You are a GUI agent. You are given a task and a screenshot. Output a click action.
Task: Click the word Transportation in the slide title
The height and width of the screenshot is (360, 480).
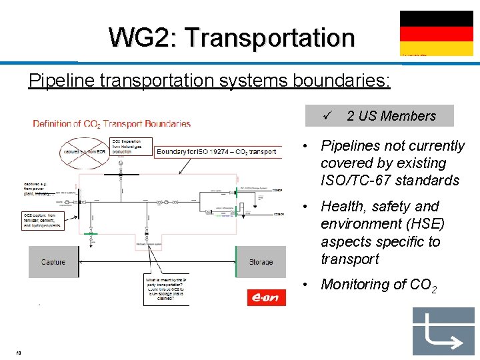tap(271, 37)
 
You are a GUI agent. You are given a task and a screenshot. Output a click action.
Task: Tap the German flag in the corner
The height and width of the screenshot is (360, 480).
tap(427, 32)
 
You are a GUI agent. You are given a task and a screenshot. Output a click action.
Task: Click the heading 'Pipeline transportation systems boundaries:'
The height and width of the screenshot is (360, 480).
tap(209, 81)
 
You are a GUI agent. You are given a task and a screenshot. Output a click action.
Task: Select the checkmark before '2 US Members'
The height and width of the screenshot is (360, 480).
tap(327, 115)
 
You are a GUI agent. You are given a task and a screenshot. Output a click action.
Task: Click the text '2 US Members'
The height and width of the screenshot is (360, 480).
tap(391, 116)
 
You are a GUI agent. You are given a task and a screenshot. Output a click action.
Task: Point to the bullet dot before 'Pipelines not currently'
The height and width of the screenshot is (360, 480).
tap(304, 146)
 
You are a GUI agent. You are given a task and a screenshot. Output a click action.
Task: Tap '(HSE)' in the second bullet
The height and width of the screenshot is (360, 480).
tap(419, 224)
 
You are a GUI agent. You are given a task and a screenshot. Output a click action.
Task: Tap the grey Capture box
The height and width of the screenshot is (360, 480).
tap(53, 262)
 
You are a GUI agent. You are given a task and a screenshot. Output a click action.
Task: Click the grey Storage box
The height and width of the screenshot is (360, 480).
tap(261, 262)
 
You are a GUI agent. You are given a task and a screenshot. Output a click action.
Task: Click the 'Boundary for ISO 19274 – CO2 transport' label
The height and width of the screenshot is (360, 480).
tap(216, 152)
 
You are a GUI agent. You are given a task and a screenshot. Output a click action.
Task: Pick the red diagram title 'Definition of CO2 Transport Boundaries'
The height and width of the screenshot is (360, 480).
tap(112, 123)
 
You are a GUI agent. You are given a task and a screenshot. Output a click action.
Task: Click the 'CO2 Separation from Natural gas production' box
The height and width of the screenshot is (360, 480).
tap(131, 147)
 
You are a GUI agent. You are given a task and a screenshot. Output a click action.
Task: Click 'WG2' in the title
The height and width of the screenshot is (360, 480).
tap(139, 37)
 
